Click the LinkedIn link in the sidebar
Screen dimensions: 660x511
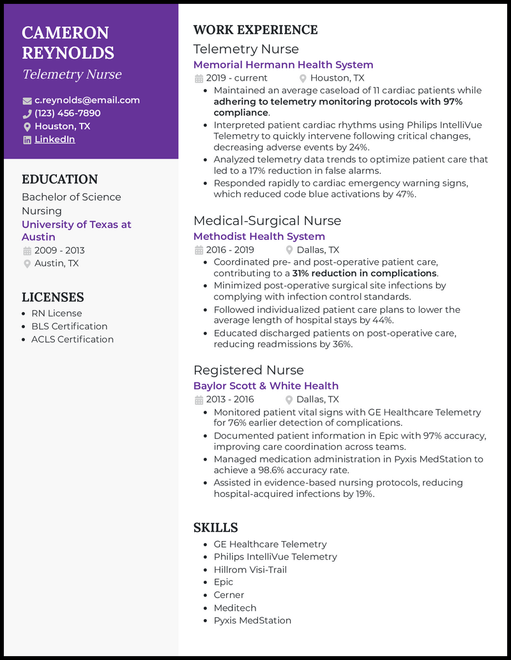(55, 139)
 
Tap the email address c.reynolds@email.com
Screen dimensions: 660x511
(87, 100)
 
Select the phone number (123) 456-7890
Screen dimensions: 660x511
(68, 113)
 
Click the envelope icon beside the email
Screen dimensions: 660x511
(27, 100)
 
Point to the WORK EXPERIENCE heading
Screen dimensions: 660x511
(256, 30)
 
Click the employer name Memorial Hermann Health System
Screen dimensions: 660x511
(283, 65)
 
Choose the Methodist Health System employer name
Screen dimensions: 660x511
(259, 236)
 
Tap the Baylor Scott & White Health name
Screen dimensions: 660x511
(266, 386)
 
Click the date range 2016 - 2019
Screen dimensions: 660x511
(230, 250)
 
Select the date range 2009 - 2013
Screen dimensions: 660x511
(59, 250)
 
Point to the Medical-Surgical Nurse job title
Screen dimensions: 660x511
(267, 221)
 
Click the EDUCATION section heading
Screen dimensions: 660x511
(60, 180)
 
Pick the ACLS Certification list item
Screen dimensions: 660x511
(72, 339)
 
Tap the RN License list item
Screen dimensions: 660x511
(57, 313)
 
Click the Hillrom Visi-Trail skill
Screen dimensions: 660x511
(250, 569)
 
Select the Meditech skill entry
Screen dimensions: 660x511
(235, 608)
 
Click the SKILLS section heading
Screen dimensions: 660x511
(215, 528)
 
